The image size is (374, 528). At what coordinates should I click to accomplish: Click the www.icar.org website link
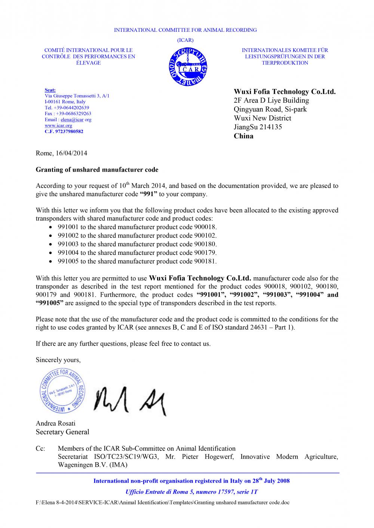58,126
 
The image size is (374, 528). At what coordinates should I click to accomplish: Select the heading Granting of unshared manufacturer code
97,170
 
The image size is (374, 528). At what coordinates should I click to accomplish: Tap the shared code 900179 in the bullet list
205,253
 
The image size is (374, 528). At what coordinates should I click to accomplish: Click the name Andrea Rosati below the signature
55,423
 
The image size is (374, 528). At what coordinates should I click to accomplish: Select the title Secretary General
62,432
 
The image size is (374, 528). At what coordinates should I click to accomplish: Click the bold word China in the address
243,136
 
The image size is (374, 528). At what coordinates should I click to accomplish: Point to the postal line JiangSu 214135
258,127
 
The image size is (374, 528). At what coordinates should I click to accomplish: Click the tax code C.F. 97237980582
64,132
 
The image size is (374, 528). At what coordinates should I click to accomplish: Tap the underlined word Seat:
50,90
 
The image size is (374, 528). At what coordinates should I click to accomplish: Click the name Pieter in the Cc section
191,457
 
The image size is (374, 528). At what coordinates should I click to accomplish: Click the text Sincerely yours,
58,360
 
